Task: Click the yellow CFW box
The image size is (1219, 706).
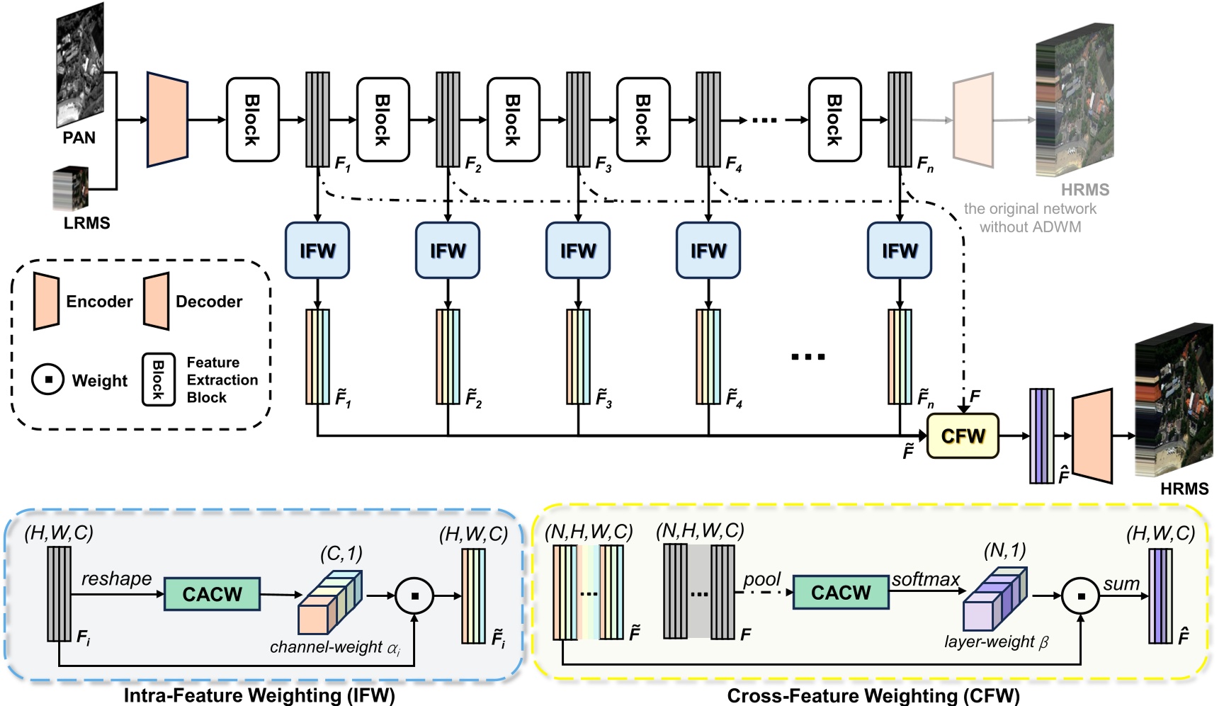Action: point(963,435)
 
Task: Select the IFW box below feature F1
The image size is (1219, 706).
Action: point(317,250)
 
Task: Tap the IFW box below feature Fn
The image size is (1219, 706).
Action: point(899,250)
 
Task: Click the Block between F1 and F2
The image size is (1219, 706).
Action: point(382,120)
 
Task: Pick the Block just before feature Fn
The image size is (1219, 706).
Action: point(834,120)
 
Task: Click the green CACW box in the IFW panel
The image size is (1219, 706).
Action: point(212,593)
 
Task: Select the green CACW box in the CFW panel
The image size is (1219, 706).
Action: point(841,592)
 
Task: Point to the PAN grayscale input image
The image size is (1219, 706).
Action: point(80,64)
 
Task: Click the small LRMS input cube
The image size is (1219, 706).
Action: point(71,189)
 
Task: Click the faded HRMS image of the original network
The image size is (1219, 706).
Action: point(1075,100)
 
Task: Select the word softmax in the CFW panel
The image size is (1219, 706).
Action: point(925,579)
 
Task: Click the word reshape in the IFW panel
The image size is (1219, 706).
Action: point(116,579)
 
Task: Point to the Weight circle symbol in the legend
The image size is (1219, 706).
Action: point(47,380)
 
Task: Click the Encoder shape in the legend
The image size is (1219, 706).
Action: point(46,301)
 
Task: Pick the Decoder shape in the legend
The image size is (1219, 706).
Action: point(156,301)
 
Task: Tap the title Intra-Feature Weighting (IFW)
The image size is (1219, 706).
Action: point(259,695)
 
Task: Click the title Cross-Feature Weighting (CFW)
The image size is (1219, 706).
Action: point(873,695)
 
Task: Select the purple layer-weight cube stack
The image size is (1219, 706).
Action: point(994,598)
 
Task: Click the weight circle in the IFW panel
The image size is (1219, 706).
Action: point(414,596)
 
